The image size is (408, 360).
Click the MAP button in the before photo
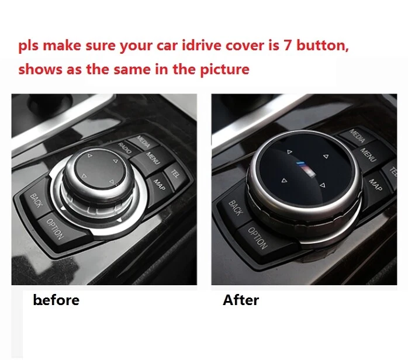point(158,183)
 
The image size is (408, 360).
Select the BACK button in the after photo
point(235,207)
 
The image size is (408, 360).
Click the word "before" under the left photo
point(57,300)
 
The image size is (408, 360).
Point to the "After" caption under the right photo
point(241,300)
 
